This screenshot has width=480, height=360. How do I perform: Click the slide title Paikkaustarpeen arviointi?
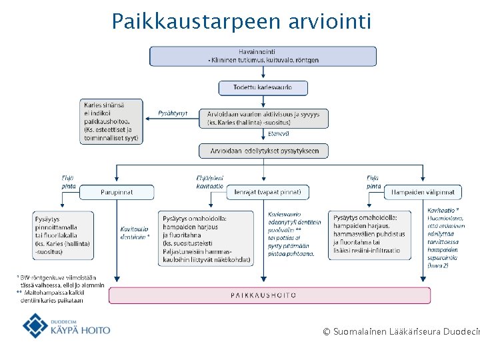(241, 21)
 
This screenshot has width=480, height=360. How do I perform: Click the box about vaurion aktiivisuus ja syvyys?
(263, 119)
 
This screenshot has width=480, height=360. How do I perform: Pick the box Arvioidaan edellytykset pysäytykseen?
(264, 151)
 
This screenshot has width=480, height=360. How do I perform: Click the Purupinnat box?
(117, 192)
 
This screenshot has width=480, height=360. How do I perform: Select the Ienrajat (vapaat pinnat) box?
(267, 192)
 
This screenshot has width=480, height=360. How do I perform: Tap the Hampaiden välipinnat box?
(423, 192)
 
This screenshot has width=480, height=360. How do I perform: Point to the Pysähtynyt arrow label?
(173, 113)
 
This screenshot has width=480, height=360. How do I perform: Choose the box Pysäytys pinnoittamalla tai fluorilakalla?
(63, 235)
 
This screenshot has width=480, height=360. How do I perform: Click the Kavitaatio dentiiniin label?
(135, 231)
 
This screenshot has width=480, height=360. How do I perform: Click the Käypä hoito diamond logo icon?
(35, 326)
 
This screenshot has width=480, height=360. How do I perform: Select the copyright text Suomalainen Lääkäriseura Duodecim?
(400, 331)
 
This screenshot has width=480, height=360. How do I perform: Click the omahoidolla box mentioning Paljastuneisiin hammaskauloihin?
(207, 238)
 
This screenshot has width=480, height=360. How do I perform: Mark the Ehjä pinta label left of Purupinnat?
(68, 182)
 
